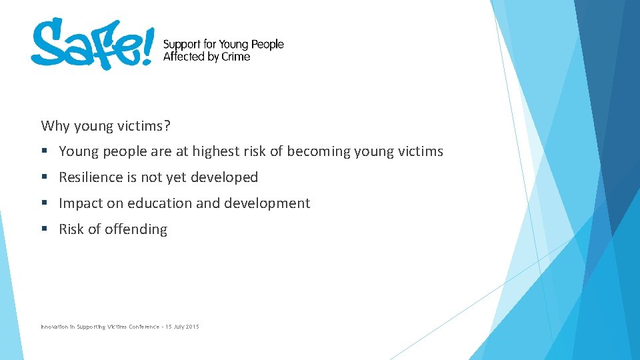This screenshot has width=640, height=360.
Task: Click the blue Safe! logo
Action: click(92, 43)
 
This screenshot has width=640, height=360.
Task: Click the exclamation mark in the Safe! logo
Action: click(147, 45)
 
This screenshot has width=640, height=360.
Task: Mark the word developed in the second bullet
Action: click(226, 177)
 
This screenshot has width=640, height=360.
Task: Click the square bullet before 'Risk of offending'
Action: click(44, 229)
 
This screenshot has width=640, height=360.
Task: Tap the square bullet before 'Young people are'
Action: click(44, 151)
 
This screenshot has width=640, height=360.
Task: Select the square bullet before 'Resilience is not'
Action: click(44, 177)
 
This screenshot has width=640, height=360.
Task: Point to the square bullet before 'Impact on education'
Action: click(44, 203)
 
